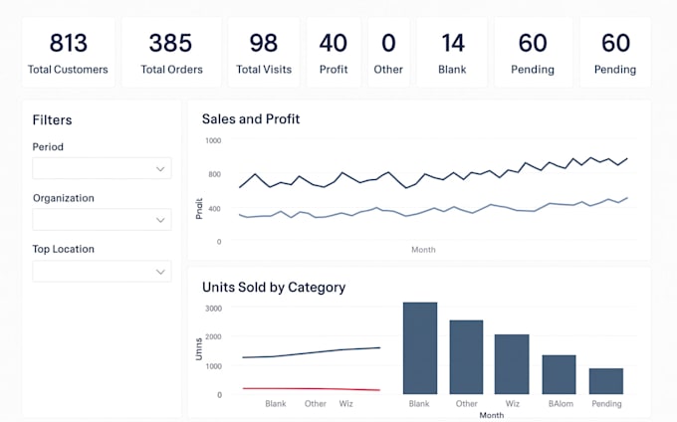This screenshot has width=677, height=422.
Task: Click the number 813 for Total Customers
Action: (68, 43)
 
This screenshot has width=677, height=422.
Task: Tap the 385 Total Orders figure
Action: (170, 43)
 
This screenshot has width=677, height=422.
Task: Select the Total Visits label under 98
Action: (263, 70)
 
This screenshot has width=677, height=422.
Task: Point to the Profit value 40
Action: (333, 43)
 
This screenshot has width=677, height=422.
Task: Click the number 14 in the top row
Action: (452, 43)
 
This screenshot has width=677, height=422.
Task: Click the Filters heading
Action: (52, 120)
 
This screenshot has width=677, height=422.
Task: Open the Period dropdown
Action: (102, 169)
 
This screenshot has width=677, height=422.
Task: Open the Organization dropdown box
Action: (102, 220)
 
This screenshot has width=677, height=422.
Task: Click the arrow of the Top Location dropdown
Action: (160, 272)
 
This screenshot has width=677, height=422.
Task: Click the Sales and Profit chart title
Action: (251, 119)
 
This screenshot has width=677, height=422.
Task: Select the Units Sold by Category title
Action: (274, 288)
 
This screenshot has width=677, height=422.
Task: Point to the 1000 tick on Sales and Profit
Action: (213, 141)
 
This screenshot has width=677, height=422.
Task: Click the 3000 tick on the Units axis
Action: (213, 310)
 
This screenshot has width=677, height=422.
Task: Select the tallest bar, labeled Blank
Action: (419, 348)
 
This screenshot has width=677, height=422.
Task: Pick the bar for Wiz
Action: (512, 364)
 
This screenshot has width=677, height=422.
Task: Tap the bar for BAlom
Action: (559, 374)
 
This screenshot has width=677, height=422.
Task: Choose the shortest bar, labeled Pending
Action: (605, 381)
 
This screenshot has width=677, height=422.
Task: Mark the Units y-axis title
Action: (198, 348)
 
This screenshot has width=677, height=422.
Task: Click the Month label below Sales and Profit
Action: (423, 250)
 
